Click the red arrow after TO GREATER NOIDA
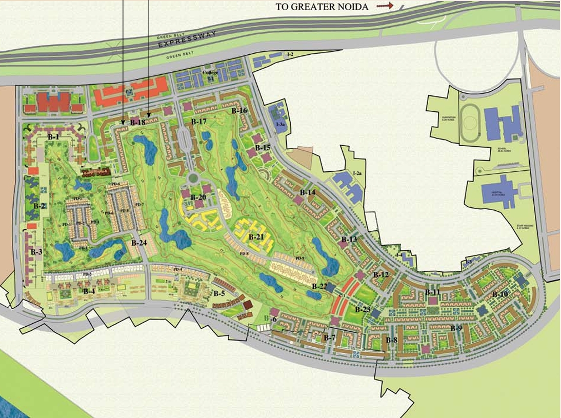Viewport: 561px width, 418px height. [x=385, y=6]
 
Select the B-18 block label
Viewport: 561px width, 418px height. [x=137, y=123]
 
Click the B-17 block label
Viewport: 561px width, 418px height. [x=198, y=122]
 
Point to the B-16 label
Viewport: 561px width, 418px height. [x=239, y=111]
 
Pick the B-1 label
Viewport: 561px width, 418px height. [x=54, y=137]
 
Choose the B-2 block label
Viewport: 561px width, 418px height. [x=39, y=206]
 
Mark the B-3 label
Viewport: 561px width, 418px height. [x=36, y=252]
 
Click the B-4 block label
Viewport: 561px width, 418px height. [x=89, y=291]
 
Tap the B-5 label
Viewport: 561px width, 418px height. [x=219, y=294]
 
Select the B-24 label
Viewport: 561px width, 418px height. [x=139, y=243]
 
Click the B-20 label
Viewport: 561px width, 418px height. [x=198, y=197]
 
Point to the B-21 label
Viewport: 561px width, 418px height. [x=256, y=237]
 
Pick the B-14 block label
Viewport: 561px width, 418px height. [x=308, y=192]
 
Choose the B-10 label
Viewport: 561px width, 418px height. [x=500, y=294]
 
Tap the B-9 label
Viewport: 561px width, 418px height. [x=456, y=328]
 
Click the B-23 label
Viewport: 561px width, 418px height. [x=363, y=309]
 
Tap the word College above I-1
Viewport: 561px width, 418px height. [x=210, y=73]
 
